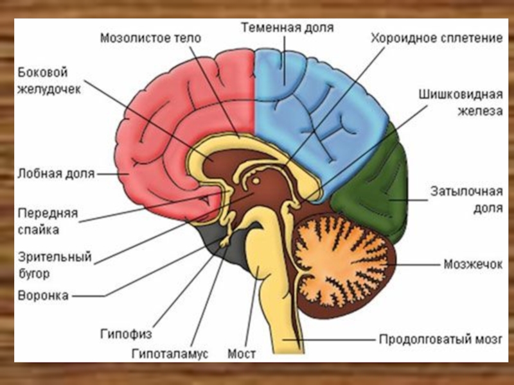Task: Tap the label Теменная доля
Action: tap(287, 28)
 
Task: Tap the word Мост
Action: tap(242, 354)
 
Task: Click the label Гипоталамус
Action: tap(170, 354)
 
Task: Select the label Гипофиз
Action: tap(125, 334)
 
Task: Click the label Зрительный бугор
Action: tap(55, 265)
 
